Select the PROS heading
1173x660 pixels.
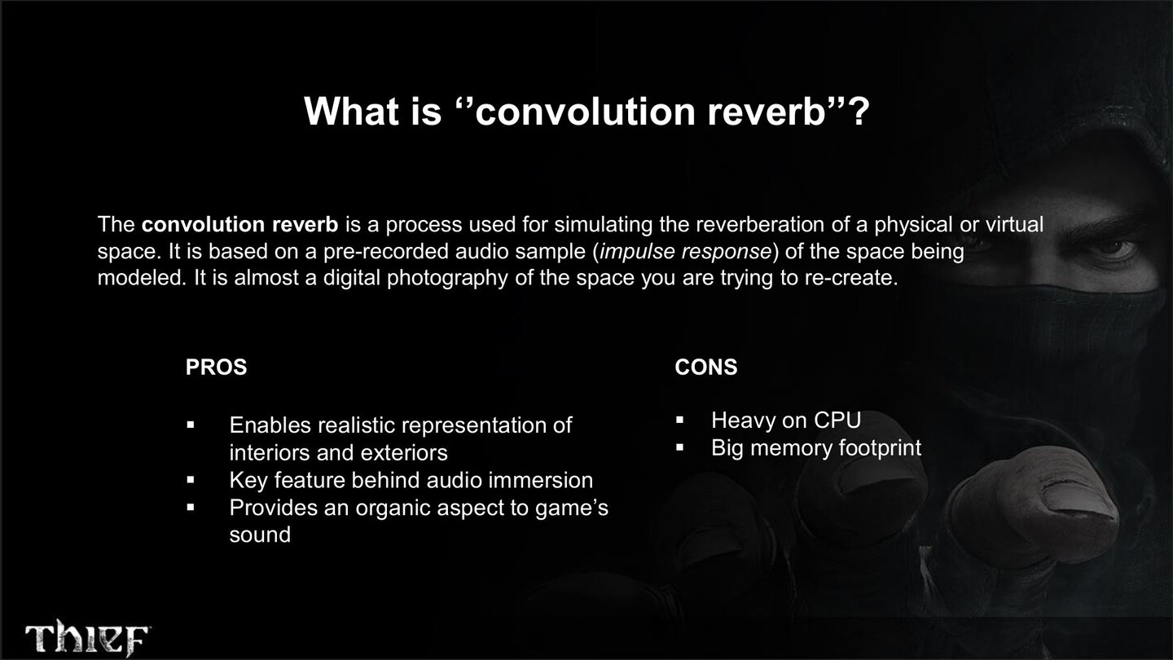(216, 367)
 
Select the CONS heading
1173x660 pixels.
(705, 367)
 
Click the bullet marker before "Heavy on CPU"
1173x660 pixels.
(680, 420)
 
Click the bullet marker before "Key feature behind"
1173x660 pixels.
(191, 481)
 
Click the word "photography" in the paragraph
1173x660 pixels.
(448, 278)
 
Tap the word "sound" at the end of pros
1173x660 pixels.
(259, 535)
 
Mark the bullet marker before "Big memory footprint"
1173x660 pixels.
(680, 448)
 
